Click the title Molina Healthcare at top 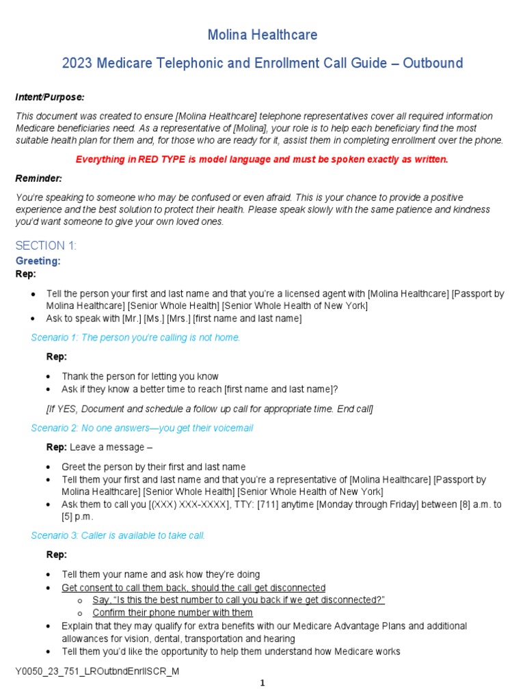click(262, 35)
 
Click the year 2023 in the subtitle click(77, 64)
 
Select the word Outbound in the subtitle click(433, 64)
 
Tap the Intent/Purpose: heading click(50, 98)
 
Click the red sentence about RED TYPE click(262, 159)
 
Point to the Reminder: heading click(39, 178)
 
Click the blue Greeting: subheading click(38, 261)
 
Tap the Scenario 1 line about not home click(136, 338)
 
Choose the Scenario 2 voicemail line click(142, 428)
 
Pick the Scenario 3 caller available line click(118, 535)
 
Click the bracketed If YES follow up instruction click(209, 409)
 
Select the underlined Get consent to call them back click(193, 588)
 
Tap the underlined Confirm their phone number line click(172, 612)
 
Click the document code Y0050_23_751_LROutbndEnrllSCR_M click(98, 671)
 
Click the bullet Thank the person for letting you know click(140, 376)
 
